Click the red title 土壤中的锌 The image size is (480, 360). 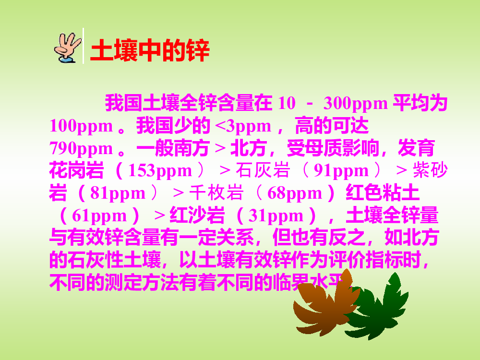pos(150,50)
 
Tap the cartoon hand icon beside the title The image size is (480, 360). pos(68,48)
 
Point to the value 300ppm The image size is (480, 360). pos(355,103)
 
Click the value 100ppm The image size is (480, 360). pos(81,126)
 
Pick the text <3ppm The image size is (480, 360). pos(243,126)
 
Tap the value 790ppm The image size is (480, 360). pos(81,148)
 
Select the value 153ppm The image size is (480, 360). pos(160,170)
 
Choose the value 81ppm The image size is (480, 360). pos(118,193)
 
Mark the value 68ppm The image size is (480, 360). pos(295,193)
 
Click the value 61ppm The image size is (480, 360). pos(99,216)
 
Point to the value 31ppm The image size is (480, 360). pos(276,216)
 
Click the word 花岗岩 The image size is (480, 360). pos(76,170)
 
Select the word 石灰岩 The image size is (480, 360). pos(263,170)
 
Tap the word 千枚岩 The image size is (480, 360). pos(216,193)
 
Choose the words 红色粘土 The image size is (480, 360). pos(383,193)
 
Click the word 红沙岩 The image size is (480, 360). pos(197,216)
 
